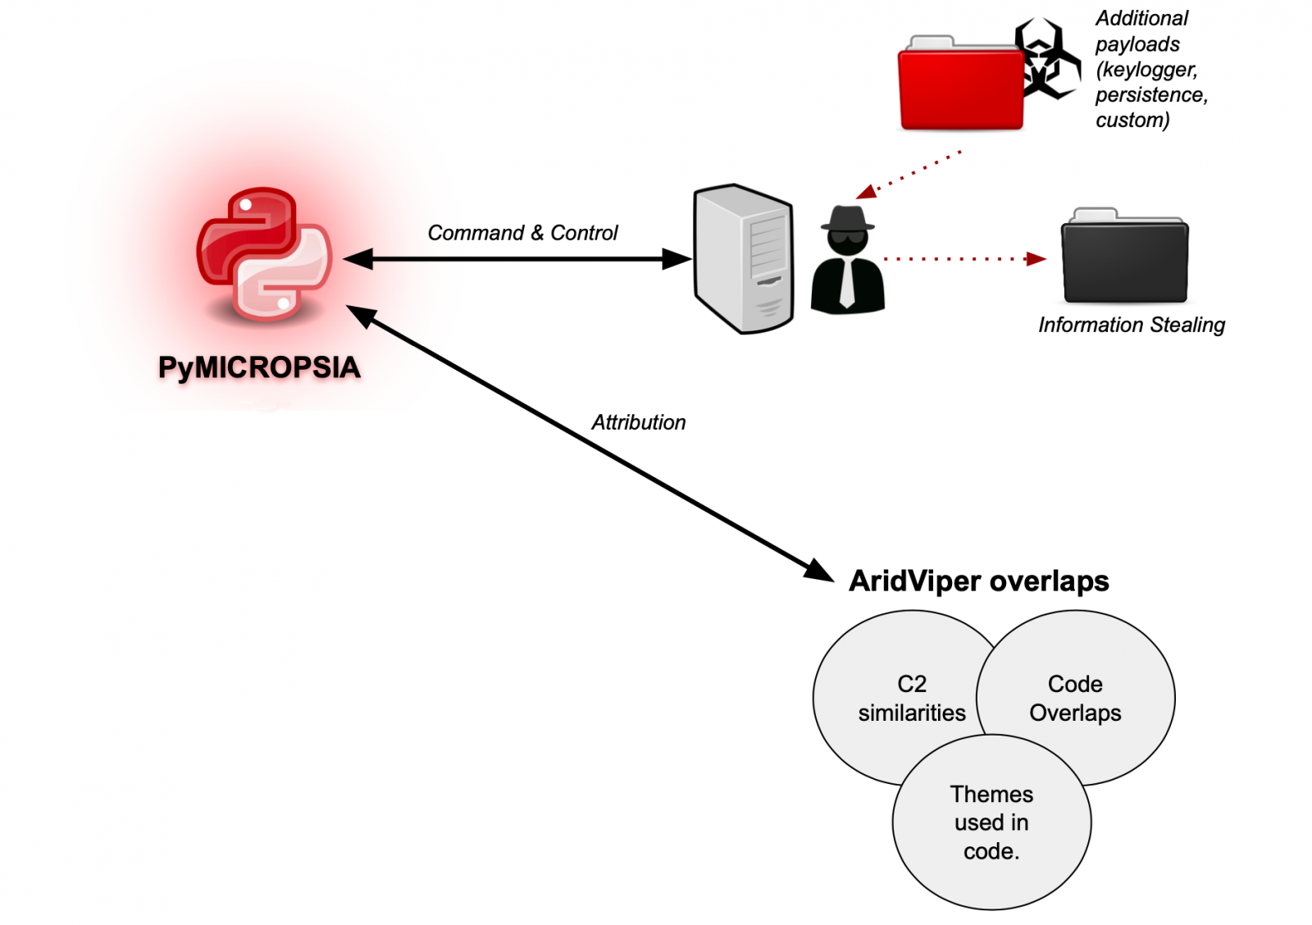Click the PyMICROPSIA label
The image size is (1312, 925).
click(259, 367)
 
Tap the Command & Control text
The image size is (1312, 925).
click(522, 233)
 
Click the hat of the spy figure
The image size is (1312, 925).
click(848, 219)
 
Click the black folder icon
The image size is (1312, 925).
click(1124, 257)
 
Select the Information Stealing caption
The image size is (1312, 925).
click(1131, 325)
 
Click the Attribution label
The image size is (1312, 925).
click(639, 422)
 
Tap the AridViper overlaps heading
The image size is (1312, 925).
click(978, 581)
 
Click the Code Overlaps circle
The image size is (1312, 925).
click(1082, 698)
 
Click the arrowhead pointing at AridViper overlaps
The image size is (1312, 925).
click(819, 571)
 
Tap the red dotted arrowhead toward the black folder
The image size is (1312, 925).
click(1037, 259)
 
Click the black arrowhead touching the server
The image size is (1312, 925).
click(677, 259)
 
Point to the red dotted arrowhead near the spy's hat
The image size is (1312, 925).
click(866, 192)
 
